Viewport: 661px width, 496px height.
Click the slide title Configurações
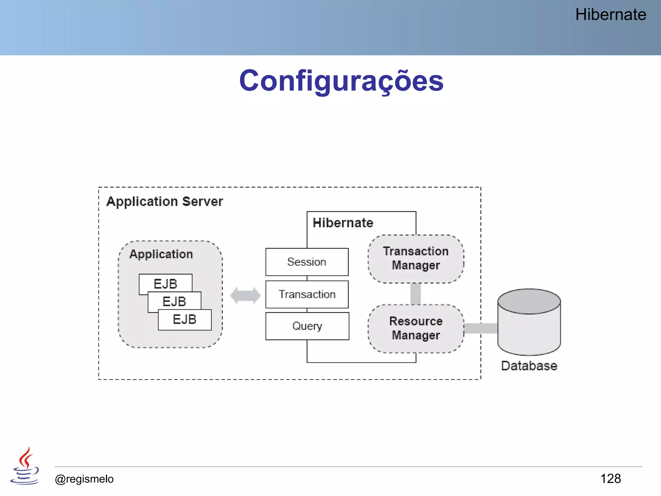[341, 81]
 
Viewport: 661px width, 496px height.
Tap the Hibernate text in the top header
[610, 15]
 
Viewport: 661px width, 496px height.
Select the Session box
[307, 262]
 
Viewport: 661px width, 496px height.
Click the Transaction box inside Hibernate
[307, 294]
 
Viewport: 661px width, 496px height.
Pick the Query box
[307, 326]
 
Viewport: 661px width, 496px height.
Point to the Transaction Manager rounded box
[416, 259]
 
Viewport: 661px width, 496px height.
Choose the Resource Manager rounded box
[416, 328]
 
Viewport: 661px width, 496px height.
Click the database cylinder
[529, 323]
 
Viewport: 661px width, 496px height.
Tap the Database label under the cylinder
[529, 366]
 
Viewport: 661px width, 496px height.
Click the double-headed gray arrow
[245, 295]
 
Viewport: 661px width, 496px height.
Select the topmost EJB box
[165, 283]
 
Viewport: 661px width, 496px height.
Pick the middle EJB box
[175, 301]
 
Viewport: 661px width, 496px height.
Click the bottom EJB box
[185, 320]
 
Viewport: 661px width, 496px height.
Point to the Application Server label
[165, 201]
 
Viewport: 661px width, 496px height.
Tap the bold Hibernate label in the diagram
[343, 223]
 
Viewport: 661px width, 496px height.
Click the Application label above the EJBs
[161, 254]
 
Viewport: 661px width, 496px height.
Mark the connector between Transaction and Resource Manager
[415, 294]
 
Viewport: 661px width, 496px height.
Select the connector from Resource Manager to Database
[481, 328]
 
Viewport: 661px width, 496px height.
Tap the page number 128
[610, 479]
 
